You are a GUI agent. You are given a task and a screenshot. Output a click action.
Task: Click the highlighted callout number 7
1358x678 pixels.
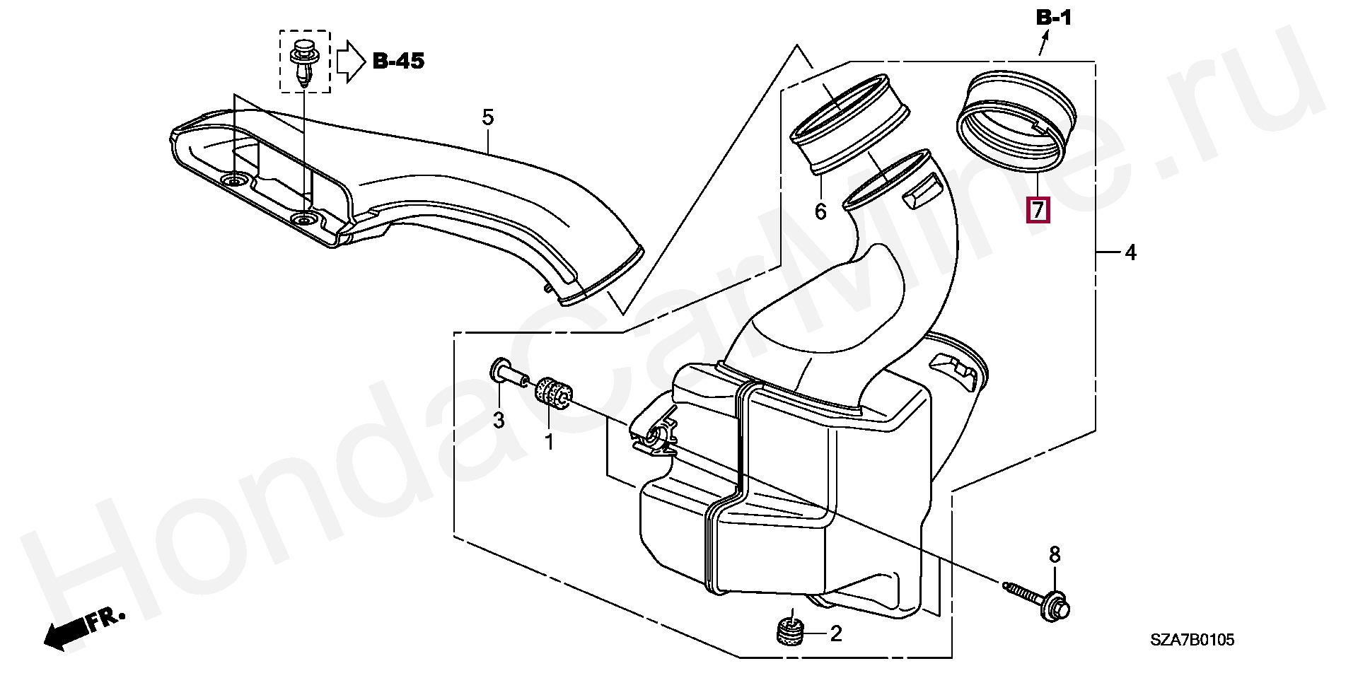(x=1038, y=210)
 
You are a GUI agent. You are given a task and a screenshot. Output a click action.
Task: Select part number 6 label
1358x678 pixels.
(x=820, y=211)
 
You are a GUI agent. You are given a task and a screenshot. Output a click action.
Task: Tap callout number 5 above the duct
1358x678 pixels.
(x=488, y=117)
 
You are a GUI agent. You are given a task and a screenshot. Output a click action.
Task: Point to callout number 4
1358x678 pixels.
(x=1130, y=252)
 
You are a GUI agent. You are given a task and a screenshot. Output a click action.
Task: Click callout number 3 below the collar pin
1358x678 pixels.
(x=499, y=420)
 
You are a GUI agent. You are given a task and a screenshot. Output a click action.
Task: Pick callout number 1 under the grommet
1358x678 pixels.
(x=549, y=443)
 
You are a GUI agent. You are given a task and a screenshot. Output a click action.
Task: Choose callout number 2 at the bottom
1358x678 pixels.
(x=836, y=633)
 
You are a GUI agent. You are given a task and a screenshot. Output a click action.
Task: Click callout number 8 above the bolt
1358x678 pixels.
(x=1055, y=555)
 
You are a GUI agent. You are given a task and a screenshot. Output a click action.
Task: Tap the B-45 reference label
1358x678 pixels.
(x=399, y=62)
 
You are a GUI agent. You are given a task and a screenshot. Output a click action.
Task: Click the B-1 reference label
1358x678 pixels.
(x=1054, y=18)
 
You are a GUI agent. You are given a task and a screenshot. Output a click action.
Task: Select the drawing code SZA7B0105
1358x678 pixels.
(x=1192, y=640)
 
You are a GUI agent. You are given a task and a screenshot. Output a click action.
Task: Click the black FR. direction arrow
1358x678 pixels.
(x=83, y=628)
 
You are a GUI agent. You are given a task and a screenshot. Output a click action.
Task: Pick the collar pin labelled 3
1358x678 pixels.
(x=509, y=373)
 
